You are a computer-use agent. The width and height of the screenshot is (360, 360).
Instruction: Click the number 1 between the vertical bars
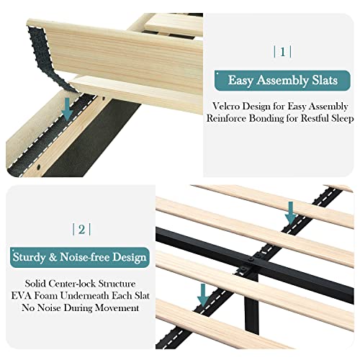[x=282, y=51]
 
